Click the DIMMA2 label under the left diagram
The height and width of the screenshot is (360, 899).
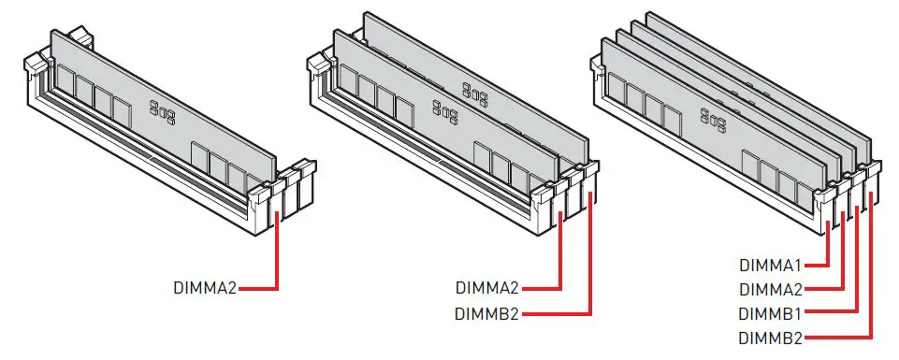[x=205, y=287]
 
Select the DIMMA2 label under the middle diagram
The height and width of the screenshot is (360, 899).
[x=486, y=287]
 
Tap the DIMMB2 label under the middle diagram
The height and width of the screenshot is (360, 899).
[x=486, y=314]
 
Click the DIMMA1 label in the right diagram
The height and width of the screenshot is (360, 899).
[x=771, y=266]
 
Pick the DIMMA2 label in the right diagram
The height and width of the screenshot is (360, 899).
[x=771, y=290]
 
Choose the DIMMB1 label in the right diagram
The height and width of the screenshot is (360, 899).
[x=771, y=314]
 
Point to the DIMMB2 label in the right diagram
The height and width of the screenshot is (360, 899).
[x=771, y=338]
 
